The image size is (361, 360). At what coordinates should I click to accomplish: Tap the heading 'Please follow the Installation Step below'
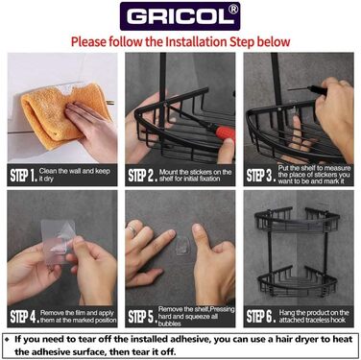(180, 42)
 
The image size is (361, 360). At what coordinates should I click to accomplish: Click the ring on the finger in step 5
(133, 228)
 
